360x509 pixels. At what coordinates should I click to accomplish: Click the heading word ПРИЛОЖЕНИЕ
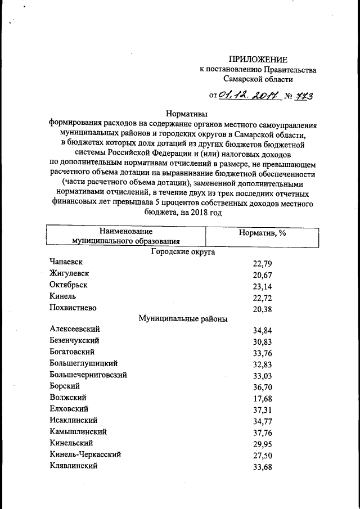pos(258,60)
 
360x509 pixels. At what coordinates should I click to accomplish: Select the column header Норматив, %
pos(262,232)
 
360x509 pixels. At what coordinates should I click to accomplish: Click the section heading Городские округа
pos(183,253)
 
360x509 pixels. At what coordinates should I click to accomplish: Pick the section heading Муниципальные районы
pos(183,318)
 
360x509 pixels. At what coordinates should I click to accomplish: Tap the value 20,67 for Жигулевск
pos(262,274)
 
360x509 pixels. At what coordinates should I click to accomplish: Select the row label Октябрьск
pos(69,285)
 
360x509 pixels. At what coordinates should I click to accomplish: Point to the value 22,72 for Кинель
pos(262,297)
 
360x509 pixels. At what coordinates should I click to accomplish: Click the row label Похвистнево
pos(73,307)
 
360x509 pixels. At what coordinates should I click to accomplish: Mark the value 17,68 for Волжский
pos(262,398)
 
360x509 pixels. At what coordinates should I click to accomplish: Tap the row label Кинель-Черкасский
pos(85,454)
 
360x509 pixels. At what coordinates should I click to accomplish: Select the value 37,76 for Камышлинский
pos(262,433)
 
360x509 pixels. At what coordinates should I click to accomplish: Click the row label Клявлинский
pos(74,466)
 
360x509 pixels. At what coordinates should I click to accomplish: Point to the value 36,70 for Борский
pos(262,387)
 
